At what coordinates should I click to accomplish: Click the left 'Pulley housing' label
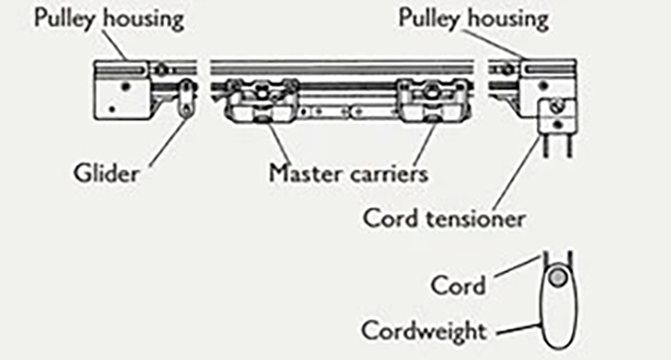click(x=108, y=19)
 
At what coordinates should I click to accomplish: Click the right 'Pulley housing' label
click(x=474, y=19)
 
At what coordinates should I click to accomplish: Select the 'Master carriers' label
click(x=349, y=174)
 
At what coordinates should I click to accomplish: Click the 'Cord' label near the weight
click(x=458, y=285)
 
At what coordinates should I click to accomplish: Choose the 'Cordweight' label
click(x=424, y=330)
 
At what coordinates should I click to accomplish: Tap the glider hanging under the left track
click(x=185, y=98)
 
